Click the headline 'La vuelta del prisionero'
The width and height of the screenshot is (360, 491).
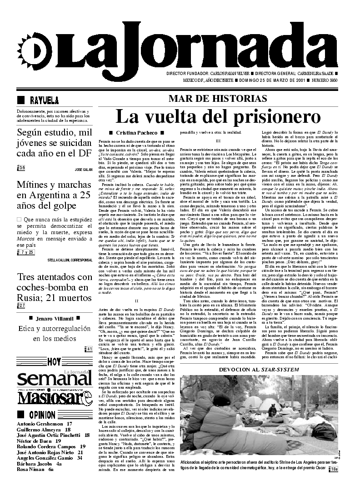tap(218, 117)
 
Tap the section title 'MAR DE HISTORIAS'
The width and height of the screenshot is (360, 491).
tap(218, 99)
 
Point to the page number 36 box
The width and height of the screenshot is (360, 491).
tap(21, 168)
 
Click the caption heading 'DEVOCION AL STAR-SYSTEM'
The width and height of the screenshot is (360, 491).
tap(259, 369)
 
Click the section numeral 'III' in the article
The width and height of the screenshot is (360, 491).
tap(218, 141)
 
